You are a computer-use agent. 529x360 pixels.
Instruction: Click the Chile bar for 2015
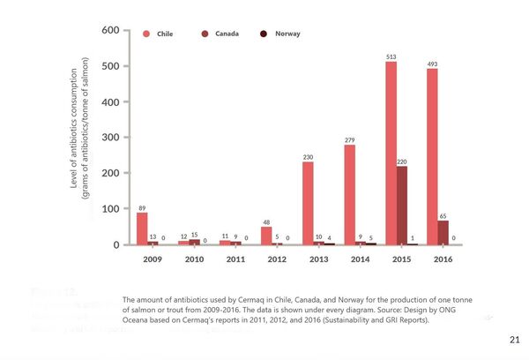[391, 153]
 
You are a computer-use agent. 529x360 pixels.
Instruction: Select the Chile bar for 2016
[432, 156]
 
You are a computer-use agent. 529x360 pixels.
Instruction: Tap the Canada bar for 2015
[402, 205]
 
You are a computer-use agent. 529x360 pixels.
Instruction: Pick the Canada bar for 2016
[443, 232]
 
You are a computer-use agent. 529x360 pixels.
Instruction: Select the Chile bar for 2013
[308, 203]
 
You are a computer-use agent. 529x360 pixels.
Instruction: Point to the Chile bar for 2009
[142, 229]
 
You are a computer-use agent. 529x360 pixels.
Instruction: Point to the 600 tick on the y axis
[110, 31]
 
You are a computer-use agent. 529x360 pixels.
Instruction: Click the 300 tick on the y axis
[110, 138]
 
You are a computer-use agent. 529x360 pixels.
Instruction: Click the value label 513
[391, 56]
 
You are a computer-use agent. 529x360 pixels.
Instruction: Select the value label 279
[349, 140]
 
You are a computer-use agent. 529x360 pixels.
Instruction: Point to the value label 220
[402, 161]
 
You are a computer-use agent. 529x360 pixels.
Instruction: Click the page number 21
[515, 339]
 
